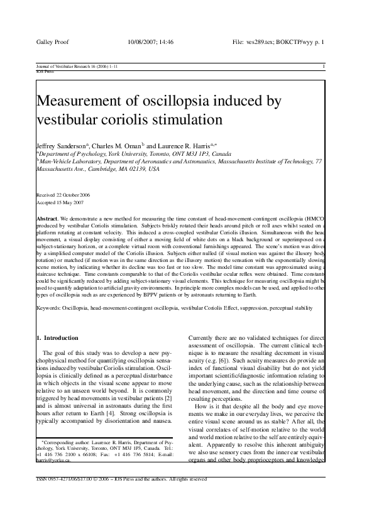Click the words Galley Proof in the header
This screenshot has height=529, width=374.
(x=52, y=43)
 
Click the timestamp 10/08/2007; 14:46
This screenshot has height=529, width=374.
(x=150, y=43)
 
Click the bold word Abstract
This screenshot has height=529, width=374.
(x=48, y=217)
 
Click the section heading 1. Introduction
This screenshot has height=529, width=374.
(x=58, y=338)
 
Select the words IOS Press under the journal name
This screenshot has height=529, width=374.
(x=45, y=71)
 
